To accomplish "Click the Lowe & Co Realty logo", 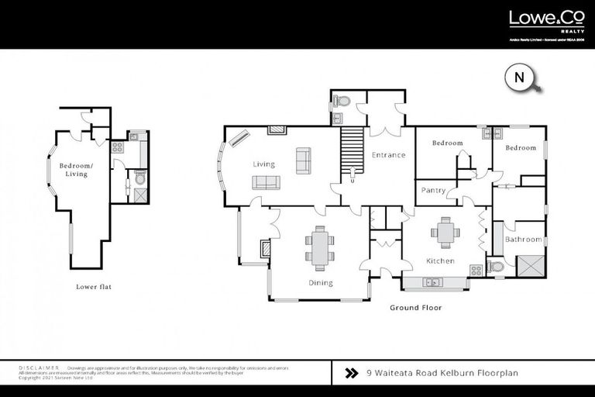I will (540, 22).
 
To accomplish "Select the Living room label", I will (264, 164).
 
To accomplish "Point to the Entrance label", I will (388, 155).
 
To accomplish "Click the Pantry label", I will (433, 191).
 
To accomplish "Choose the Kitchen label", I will (439, 261).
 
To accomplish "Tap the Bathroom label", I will (523, 240).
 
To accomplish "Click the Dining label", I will (320, 283).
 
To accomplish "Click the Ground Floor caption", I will (415, 308).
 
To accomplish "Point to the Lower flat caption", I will (94, 287).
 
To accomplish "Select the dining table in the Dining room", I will (320, 246).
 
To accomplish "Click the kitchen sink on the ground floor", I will (434, 282).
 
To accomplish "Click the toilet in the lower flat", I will (139, 178).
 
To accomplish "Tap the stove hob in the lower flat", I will (118, 146).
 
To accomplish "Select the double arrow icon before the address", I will (351, 373).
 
